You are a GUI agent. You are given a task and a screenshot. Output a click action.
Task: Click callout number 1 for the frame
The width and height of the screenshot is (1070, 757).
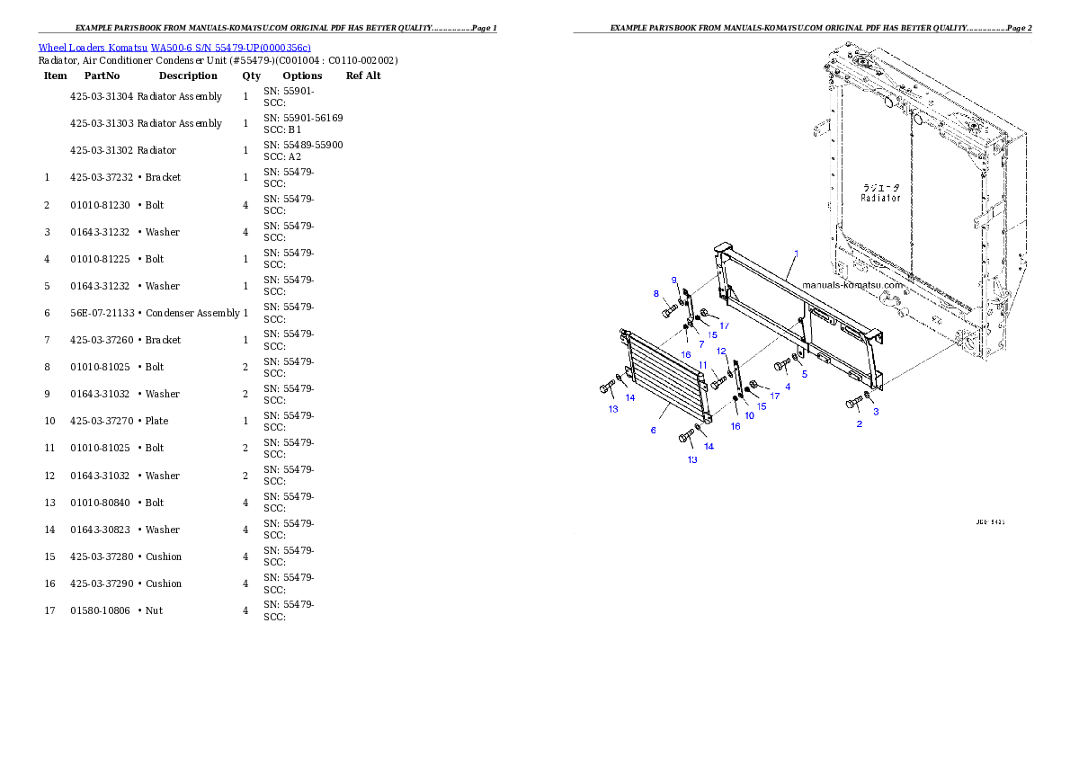pyautogui.click(x=795, y=254)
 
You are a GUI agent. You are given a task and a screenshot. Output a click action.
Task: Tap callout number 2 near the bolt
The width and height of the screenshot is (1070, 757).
pyautogui.click(x=859, y=423)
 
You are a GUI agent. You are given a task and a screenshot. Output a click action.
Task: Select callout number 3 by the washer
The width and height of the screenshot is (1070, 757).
pyautogui.click(x=877, y=411)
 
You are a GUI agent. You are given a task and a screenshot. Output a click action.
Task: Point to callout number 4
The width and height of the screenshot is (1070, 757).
pyautogui.click(x=788, y=387)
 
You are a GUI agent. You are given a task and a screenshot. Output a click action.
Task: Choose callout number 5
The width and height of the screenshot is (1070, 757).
pyautogui.click(x=804, y=373)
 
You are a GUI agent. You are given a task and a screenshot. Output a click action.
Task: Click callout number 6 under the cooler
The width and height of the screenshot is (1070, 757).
pyautogui.click(x=654, y=431)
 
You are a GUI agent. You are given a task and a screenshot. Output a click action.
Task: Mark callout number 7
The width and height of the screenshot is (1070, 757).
pyautogui.click(x=701, y=343)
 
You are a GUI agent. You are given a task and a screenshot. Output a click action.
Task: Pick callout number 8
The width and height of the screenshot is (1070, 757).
pyautogui.click(x=656, y=293)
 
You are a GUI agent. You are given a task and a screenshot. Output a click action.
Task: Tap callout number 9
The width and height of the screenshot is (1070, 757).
pyautogui.click(x=673, y=281)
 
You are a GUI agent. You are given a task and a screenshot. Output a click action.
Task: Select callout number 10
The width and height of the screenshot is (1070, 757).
pyautogui.click(x=749, y=414)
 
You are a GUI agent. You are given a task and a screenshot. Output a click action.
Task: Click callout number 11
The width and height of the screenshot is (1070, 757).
pyautogui.click(x=703, y=364)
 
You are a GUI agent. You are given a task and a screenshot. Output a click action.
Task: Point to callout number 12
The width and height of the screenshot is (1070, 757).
pyautogui.click(x=721, y=351)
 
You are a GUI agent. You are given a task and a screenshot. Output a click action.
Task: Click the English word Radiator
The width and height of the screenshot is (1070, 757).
pyautogui.click(x=880, y=198)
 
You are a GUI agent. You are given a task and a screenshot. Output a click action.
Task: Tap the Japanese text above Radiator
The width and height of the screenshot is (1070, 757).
pyautogui.click(x=881, y=187)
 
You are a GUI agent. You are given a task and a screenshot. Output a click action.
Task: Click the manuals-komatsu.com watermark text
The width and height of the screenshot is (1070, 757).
pyautogui.click(x=852, y=284)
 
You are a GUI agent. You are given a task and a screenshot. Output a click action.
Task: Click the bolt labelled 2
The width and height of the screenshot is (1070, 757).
pyautogui.click(x=853, y=404)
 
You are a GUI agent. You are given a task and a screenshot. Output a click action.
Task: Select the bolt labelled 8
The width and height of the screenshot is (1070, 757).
pyautogui.click(x=669, y=311)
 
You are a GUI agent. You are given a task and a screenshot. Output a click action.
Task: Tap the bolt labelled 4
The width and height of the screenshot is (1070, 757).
pyautogui.click(x=781, y=366)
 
